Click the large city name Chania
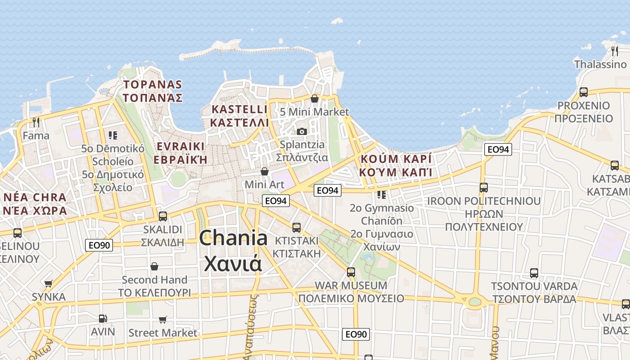(233, 238)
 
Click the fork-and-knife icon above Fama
(36, 122)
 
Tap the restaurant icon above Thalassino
(615, 51)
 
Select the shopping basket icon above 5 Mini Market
(315, 99)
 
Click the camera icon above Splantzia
(301, 131)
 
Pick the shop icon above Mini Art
(265, 171)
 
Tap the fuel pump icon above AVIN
(103, 319)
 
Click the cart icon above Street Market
(163, 319)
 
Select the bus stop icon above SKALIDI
(163, 216)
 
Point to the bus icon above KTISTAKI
(296, 227)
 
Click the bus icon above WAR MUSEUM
(351, 272)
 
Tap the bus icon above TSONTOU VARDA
(534, 273)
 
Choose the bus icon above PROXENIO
(584, 92)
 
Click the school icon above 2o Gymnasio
(382, 194)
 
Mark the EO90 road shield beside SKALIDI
(99, 245)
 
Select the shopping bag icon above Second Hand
(154, 266)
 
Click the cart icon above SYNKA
(49, 283)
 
